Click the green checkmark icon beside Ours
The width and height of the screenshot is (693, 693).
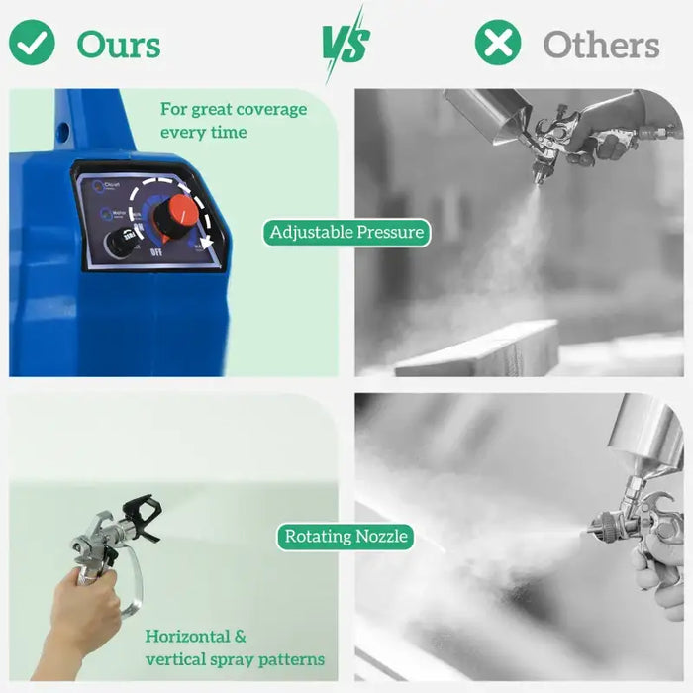(32, 43)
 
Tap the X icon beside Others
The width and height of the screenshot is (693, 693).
(498, 43)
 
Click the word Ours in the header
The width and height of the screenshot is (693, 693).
(119, 45)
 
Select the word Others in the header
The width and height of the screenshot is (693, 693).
(601, 45)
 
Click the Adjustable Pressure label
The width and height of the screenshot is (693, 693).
(346, 233)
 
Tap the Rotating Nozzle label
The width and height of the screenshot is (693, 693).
(346, 537)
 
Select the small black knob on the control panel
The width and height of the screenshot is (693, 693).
(122, 242)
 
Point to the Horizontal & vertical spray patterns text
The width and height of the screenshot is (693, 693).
(235, 647)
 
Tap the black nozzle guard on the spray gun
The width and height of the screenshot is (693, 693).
(141, 517)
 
